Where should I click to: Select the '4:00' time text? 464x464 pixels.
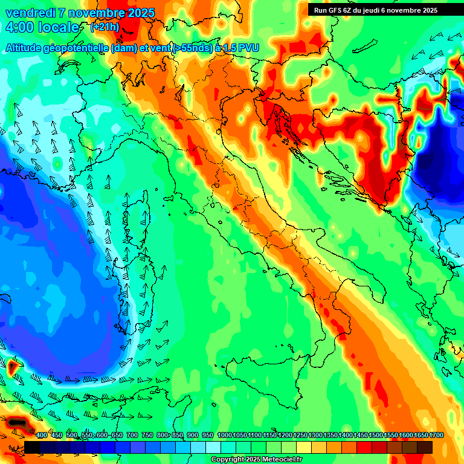click(18, 28)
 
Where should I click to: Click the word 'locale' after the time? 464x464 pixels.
click(58, 28)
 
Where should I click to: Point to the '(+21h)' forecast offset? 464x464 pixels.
click(105, 27)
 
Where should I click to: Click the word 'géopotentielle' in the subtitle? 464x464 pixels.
click(77, 47)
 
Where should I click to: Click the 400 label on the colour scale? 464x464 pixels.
click(42, 435)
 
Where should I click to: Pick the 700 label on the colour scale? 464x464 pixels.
click(132, 435)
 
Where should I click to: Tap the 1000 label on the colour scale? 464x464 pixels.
click(224, 435)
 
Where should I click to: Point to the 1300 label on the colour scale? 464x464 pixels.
click(315, 435)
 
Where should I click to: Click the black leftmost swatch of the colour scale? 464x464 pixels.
click(32, 447)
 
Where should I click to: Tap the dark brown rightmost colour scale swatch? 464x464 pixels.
click(425, 447)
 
